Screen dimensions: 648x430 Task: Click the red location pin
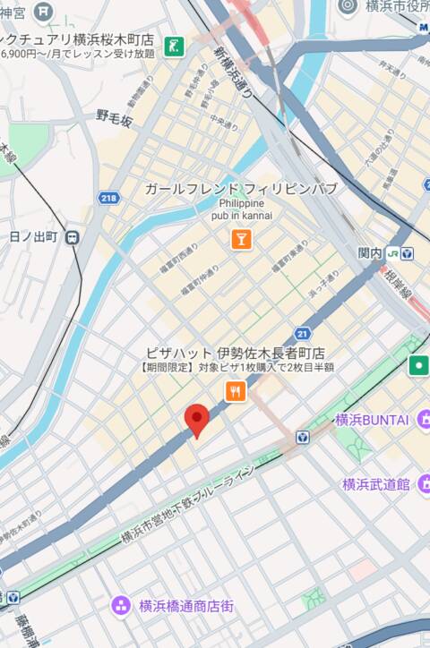click(x=197, y=419)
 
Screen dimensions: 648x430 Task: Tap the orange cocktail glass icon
click(x=240, y=238)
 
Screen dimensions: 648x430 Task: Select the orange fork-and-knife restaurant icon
click(x=235, y=390)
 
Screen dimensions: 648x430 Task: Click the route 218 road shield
click(x=109, y=198)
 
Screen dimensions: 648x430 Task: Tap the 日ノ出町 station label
click(x=33, y=237)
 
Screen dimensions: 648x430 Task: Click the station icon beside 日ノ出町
click(x=72, y=237)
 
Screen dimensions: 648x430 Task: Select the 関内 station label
click(x=370, y=253)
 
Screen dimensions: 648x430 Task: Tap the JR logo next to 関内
click(x=392, y=253)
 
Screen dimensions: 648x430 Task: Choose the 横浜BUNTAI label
click(x=372, y=420)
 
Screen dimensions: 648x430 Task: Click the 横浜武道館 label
click(x=375, y=484)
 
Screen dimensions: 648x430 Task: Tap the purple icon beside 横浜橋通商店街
click(x=121, y=606)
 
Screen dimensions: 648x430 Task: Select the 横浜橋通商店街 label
click(x=186, y=606)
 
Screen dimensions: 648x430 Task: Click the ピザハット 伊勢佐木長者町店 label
click(x=236, y=353)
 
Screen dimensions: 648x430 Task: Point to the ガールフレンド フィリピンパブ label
click(x=241, y=189)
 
